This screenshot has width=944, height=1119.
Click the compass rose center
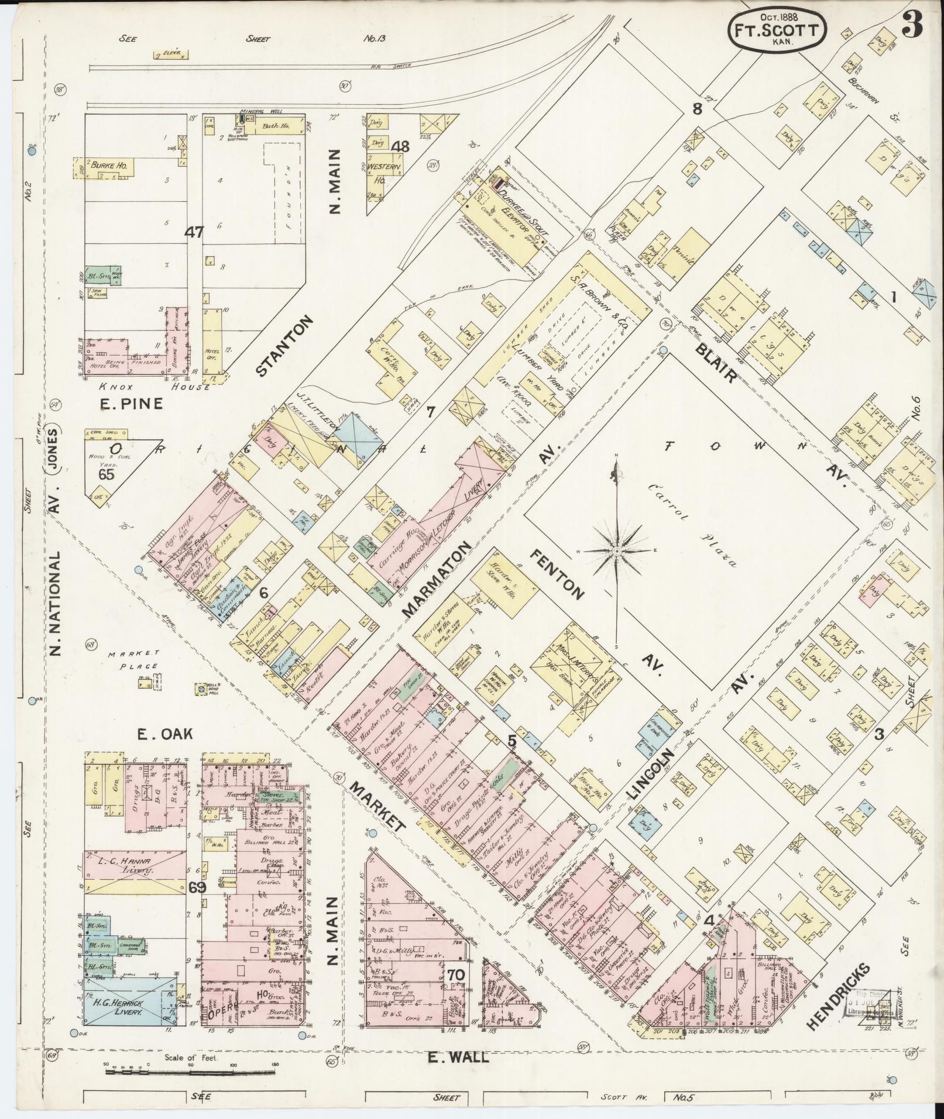(x=617, y=551)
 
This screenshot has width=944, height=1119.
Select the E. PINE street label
(x=131, y=404)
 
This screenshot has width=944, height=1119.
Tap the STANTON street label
(x=285, y=346)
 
